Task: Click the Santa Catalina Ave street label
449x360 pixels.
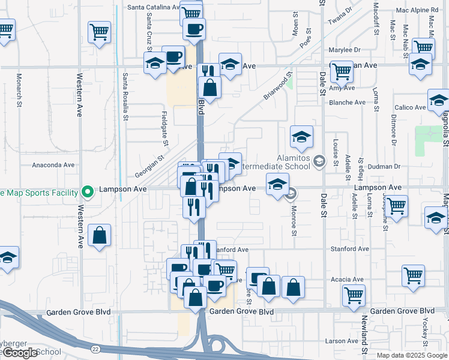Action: [154, 8]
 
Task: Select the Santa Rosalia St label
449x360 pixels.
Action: [125, 97]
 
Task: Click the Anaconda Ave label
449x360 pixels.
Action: [53, 164]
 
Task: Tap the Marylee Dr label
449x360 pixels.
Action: [345, 50]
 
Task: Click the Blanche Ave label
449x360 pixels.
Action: [347, 103]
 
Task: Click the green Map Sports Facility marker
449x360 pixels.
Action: [88, 192]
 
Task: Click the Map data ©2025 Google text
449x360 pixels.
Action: [412, 355]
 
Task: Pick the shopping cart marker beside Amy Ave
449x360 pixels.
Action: [342, 71]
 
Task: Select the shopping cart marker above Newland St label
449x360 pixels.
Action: [354, 295]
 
